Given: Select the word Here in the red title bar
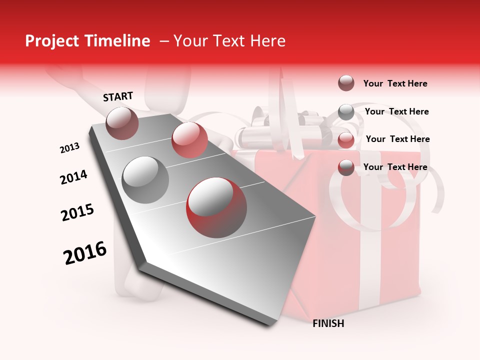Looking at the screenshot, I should (267, 41).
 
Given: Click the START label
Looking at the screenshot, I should (118, 96).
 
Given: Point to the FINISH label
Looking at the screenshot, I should (328, 323).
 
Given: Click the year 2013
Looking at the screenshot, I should (70, 148).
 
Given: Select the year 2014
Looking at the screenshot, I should (73, 177).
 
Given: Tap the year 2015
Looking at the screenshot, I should (77, 212).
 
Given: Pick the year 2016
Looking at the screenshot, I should (85, 252).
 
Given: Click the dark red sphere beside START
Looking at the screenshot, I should (122, 123).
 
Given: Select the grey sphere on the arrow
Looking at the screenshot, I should (145, 179).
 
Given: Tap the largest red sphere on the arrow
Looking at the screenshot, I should (216, 207).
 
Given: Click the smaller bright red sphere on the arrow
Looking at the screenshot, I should (189, 140).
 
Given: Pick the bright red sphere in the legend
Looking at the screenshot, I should (346, 139).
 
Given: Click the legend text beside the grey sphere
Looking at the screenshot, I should (396, 111).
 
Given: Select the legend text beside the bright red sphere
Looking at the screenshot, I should (397, 139).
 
